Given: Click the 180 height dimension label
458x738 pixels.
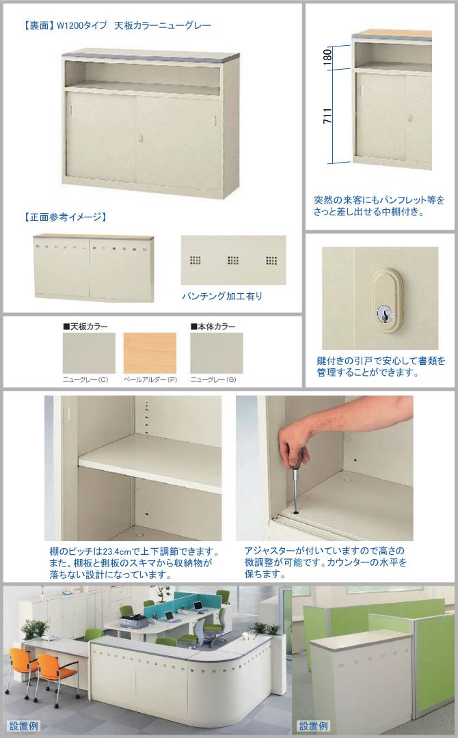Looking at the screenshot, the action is pyautogui.click(x=327, y=57).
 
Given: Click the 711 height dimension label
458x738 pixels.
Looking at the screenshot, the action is pyautogui.click(x=327, y=115).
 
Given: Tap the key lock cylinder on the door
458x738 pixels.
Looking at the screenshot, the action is pyautogui.click(x=386, y=313).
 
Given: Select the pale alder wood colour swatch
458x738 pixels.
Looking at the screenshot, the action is pyautogui.click(x=150, y=353).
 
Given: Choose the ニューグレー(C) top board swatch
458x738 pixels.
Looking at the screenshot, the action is pyautogui.click(x=89, y=353).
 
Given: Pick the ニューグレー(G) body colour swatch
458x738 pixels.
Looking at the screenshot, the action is pyautogui.click(x=217, y=353).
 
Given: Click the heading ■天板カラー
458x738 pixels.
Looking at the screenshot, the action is pyautogui.click(x=85, y=326).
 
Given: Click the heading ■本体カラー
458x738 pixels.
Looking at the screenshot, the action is pyautogui.click(x=213, y=326).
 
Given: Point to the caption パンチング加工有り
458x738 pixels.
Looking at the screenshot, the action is pyautogui.click(x=222, y=296).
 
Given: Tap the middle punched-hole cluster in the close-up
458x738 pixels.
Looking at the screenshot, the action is pyautogui.click(x=233, y=260).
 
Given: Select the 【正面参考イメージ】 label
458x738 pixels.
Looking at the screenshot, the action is pyautogui.click(x=65, y=217).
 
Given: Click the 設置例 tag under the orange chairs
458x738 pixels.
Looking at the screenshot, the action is pyautogui.click(x=23, y=725).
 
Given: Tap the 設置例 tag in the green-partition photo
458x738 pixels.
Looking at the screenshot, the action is pyautogui.click(x=314, y=725).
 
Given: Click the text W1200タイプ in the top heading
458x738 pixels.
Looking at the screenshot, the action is pyautogui.click(x=82, y=25).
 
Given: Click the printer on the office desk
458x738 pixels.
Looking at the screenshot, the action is pyautogui.click(x=133, y=621).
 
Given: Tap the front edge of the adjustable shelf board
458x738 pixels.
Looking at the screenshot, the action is pyautogui.click(x=150, y=477).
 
